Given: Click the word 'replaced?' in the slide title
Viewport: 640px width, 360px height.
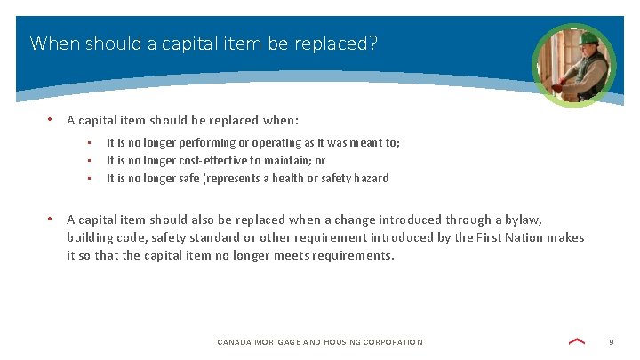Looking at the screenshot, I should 339,43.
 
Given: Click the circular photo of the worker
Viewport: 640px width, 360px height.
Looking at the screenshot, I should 573,65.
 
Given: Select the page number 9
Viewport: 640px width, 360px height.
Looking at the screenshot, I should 612,342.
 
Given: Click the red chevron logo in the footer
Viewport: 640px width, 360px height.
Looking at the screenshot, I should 576,341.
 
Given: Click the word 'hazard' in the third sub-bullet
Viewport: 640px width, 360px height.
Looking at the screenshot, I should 371,178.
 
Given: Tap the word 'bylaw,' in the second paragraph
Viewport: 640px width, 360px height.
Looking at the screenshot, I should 523,220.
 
